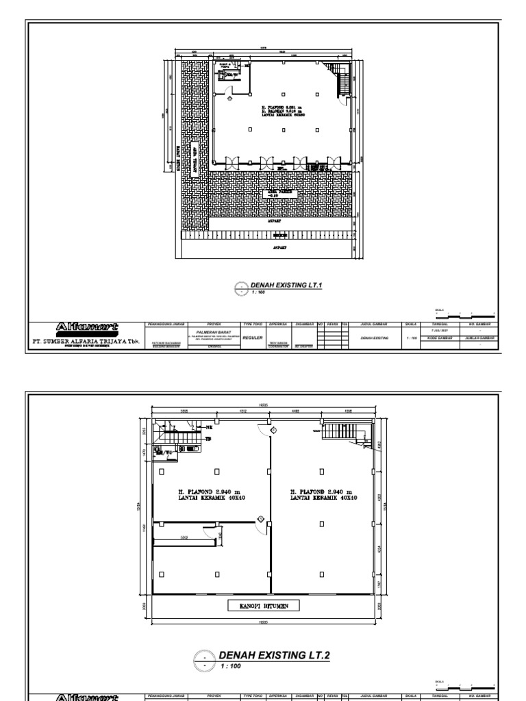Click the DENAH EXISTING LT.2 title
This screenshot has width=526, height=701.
(x=274, y=655)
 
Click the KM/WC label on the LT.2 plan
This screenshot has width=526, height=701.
(x=163, y=453)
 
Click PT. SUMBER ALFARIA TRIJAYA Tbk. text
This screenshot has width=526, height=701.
(x=88, y=340)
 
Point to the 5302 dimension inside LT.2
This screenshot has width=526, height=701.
(x=184, y=537)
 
